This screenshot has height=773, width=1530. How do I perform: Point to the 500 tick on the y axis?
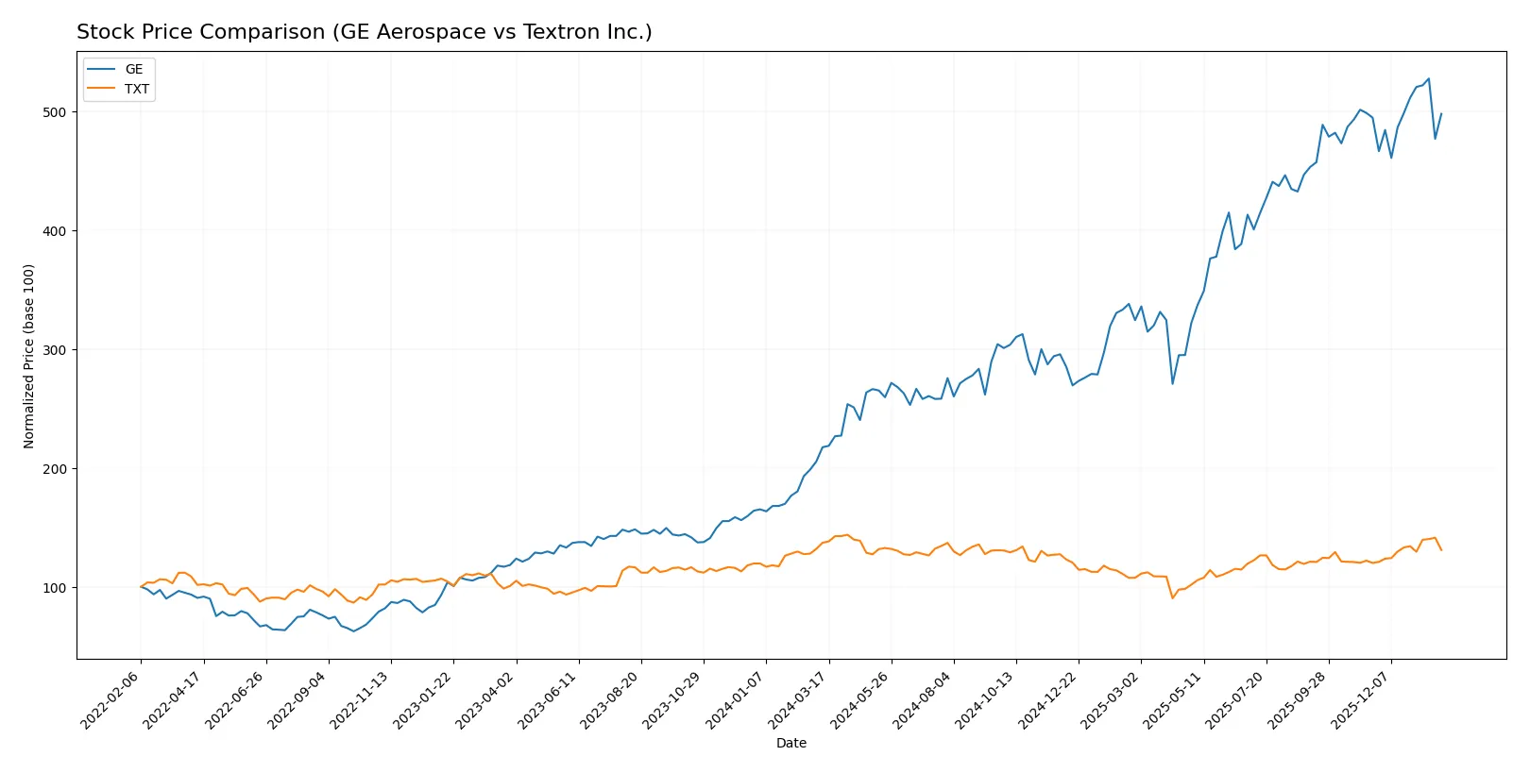55,112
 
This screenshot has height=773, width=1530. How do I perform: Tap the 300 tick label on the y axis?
55,350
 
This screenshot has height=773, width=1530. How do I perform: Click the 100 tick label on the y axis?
55,588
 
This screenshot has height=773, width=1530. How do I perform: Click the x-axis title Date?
790,743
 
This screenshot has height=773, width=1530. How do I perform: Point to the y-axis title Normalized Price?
28,356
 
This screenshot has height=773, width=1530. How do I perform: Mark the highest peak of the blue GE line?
1428,79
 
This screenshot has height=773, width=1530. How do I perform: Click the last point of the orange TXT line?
1441,549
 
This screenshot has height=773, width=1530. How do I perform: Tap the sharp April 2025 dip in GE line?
1172,383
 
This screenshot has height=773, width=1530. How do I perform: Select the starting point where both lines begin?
142,587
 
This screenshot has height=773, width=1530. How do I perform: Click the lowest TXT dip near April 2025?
1172,597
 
